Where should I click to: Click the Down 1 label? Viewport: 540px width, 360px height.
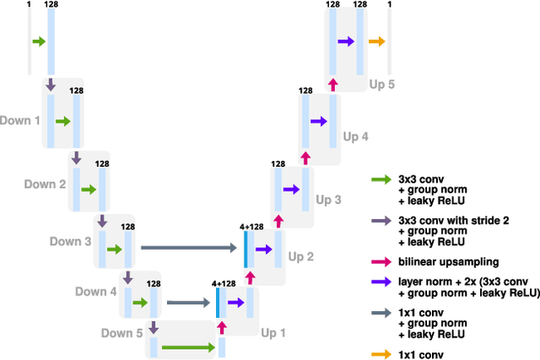(x=19, y=121)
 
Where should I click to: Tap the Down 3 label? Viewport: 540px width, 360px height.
(x=70, y=242)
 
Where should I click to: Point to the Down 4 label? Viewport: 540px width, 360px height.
(x=95, y=292)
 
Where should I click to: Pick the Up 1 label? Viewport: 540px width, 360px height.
(x=273, y=333)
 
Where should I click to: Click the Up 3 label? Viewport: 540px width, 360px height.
(x=328, y=200)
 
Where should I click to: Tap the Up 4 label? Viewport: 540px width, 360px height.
(x=355, y=135)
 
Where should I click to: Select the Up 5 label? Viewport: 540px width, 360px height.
(x=382, y=85)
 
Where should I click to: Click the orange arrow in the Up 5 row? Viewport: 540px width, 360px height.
(x=376, y=41)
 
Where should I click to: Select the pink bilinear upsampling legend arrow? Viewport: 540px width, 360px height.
(x=382, y=262)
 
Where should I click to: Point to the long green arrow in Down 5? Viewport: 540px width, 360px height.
(x=188, y=347)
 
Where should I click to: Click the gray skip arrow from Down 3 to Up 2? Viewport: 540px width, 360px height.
(x=189, y=248)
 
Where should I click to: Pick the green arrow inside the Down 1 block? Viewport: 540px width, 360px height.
(x=62, y=121)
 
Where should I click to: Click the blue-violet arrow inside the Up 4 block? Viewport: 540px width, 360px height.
(x=317, y=121)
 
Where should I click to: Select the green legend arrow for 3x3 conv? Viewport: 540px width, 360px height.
(x=382, y=180)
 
